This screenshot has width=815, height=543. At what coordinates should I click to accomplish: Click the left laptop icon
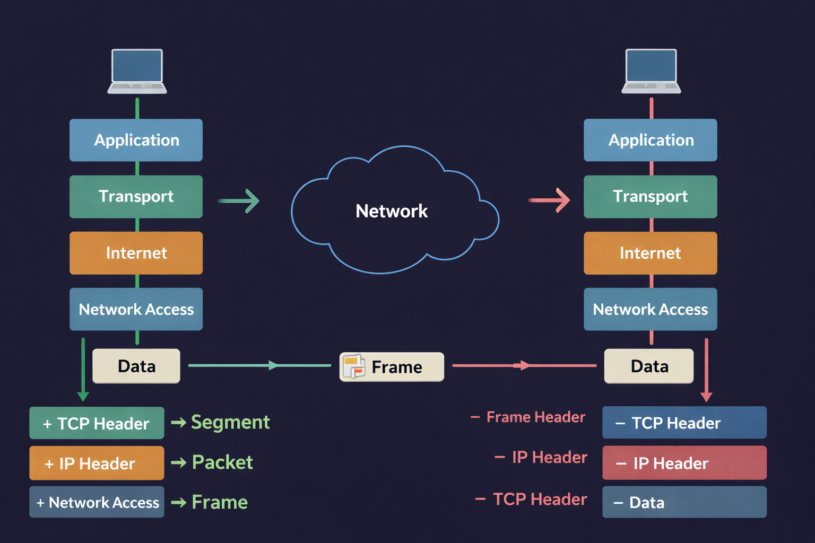[x=137, y=71]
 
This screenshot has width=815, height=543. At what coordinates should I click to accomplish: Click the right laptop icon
[x=651, y=71]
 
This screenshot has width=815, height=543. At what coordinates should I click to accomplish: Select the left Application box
[x=136, y=140]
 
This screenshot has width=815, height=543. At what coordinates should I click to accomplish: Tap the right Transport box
[x=650, y=197]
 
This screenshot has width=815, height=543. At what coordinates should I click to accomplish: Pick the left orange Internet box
[x=136, y=253]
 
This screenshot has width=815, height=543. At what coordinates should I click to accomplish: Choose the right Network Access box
[x=650, y=309]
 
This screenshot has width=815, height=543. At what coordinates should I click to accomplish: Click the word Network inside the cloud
[x=392, y=211]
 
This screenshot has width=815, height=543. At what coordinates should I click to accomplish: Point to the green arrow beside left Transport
[x=239, y=201]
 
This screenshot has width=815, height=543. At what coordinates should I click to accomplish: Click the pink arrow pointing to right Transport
[x=549, y=200]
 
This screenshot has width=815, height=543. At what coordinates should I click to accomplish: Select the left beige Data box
[x=136, y=366]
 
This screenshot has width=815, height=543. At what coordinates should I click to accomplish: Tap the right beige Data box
[x=649, y=366]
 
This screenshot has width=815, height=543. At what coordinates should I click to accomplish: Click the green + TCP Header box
[x=97, y=423]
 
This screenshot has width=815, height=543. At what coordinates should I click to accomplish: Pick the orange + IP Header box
[x=97, y=463]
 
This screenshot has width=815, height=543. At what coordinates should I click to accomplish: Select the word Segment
[x=230, y=422]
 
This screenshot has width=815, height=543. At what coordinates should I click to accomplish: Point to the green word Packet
[x=222, y=462]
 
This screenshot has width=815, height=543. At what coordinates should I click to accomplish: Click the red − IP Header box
[x=684, y=463]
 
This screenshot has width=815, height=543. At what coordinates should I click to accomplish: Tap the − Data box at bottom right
[x=684, y=502]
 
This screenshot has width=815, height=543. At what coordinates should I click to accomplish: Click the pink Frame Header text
[x=535, y=417]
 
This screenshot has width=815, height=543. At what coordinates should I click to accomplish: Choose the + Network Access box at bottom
[x=97, y=502]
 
